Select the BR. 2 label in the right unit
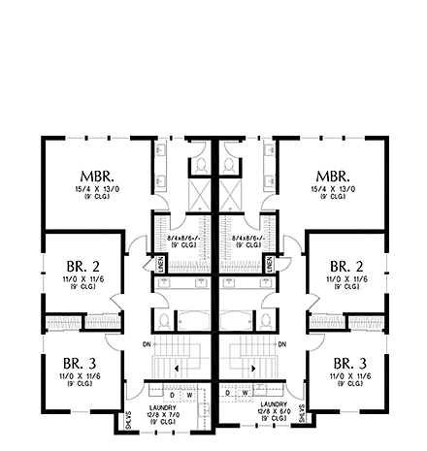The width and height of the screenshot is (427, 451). pos(345,265)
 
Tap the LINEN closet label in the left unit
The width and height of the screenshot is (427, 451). pos(161,263)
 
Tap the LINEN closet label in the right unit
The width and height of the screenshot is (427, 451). pos(266,263)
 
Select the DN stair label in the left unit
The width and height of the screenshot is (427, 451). pos(146,344)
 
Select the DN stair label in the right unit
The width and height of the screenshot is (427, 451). pos(280,344)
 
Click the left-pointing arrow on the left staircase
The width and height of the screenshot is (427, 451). pos(175,370)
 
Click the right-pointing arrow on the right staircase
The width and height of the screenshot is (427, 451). pos(252,370)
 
